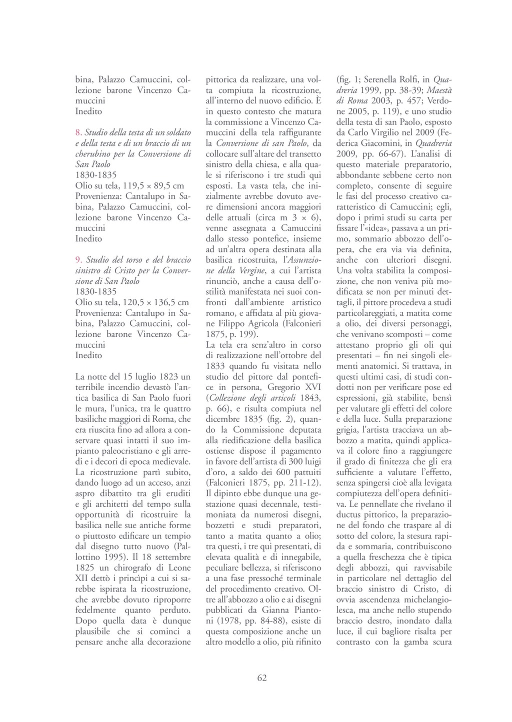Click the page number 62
[262, 678]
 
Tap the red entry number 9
[78, 260]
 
